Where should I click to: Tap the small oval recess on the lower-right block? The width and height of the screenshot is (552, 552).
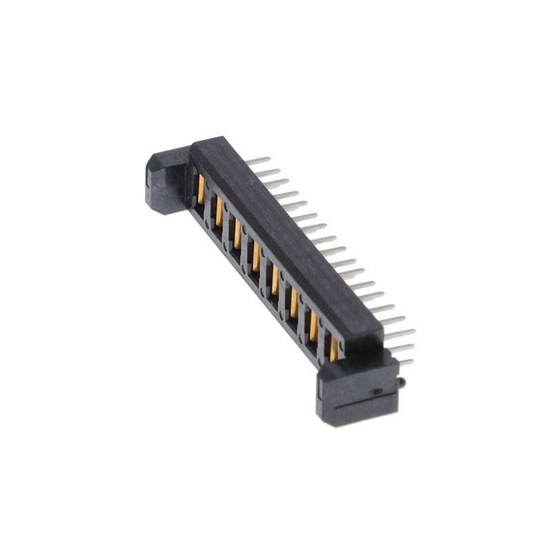tap(376, 391)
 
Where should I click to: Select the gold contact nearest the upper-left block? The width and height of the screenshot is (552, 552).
tap(201, 189)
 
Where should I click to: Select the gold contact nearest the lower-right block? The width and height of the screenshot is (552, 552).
tap(334, 349)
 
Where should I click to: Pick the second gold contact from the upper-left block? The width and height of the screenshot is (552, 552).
tap(219, 211)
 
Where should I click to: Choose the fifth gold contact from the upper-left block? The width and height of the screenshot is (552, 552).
tap(275, 280)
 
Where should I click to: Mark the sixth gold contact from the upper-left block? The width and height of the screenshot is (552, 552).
tap(294, 303)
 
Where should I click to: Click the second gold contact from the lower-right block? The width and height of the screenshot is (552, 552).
tap(314, 326)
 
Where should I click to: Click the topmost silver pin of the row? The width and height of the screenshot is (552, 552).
tap(258, 161)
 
